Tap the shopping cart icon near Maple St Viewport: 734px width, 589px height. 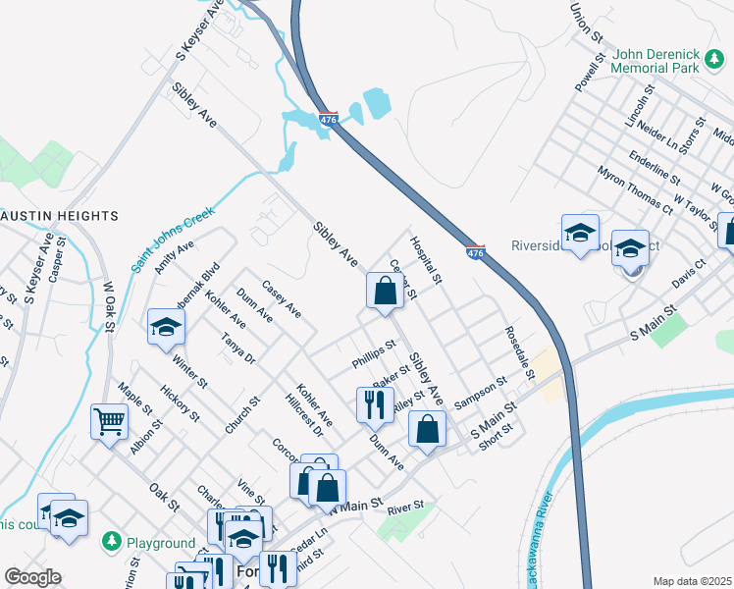pos(110,422)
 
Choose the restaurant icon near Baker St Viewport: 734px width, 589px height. pos(373,402)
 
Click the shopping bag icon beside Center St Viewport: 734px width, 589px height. pos(385,291)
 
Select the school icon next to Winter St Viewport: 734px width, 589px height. pos(166,327)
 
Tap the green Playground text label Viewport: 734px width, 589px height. pos(160,543)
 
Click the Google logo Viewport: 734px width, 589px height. pos(32,577)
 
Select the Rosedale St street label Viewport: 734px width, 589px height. pos(518,352)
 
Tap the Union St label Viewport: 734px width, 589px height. pos(587,22)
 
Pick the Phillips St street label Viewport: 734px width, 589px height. pos(374,356)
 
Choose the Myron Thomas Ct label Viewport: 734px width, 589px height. pos(635,188)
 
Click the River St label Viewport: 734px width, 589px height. pos(404,507)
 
